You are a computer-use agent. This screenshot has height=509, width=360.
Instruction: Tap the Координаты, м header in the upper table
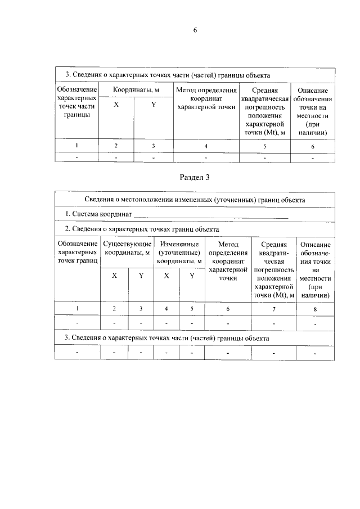pyautogui.click(x=136, y=90)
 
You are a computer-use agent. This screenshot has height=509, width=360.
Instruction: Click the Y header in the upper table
pyautogui.click(x=153, y=104)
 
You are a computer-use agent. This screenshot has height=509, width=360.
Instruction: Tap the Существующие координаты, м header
pyautogui.click(x=128, y=249)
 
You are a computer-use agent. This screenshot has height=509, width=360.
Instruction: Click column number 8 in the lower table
pyautogui.click(x=315, y=309)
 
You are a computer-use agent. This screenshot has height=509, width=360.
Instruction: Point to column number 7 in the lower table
pyautogui.click(x=274, y=309)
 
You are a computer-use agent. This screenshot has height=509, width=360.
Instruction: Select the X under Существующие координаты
pyautogui.click(x=114, y=276)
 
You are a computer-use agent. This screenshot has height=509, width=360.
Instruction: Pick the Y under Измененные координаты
pyautogui.click(x=192, y=276)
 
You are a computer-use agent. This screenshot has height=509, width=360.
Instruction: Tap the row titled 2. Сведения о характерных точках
pyautogui.click(x=141, y=229)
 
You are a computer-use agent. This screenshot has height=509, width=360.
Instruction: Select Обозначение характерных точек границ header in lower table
pyautogui.click(x=78, y=252)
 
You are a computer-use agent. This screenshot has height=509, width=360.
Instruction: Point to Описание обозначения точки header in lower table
pyautogui.click(x=315, y=269)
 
